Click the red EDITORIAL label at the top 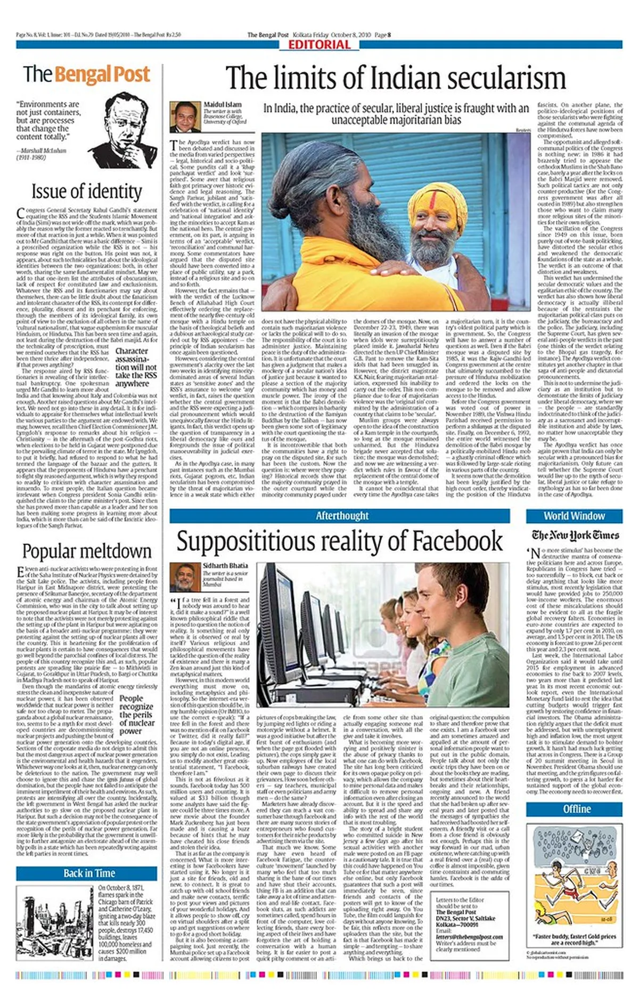[319, 45]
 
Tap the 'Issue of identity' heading [87, 191]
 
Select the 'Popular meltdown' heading [87, 550]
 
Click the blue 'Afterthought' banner [342, 516]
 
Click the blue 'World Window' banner [574, 516]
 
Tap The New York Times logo [575, 535]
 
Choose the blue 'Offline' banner [577, 809]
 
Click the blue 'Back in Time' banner [89, 873]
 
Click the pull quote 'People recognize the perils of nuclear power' [137, 715]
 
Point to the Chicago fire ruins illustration [55, 923]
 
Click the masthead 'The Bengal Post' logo [86, 74]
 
